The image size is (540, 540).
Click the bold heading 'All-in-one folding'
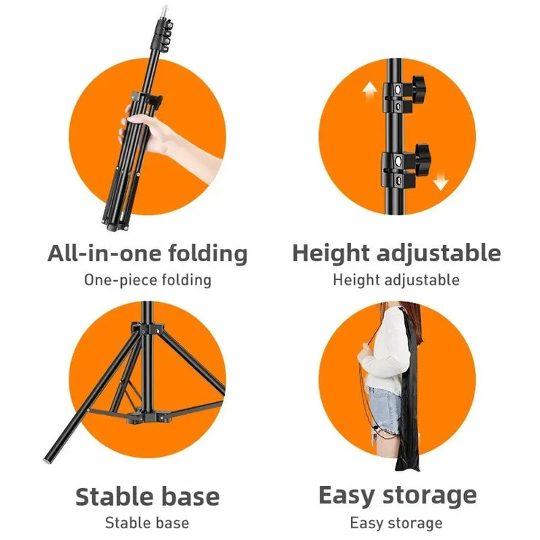point(147,254)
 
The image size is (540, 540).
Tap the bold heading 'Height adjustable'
point(396,254)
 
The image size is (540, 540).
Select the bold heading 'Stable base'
point(147,496)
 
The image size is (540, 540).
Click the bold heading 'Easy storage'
point(398,496)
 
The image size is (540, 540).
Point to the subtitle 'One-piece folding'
point(147,280)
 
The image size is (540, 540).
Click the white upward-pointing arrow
point(370,91)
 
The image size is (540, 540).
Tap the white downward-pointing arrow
point(441,181)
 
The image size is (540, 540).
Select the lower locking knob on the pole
point(423,155)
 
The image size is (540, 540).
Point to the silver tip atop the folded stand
point(166,13)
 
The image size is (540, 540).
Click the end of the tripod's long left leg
point(47,459)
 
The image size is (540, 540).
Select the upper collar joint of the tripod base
point(147,328)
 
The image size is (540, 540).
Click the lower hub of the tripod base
point(148,417)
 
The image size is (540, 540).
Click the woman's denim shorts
point(384,410)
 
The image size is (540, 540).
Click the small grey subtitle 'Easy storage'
point(396,523)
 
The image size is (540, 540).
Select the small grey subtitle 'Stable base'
point(147,523)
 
